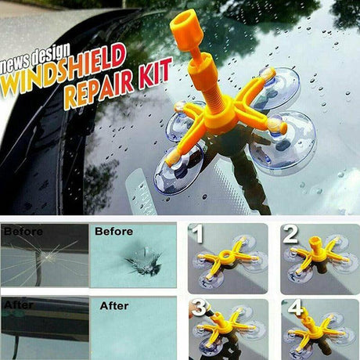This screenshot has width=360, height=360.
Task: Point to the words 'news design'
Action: (35, 59)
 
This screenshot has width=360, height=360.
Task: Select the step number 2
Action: (290, 234)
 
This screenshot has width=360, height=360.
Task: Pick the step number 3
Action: (199, 308)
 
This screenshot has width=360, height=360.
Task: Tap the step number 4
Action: (295, 307)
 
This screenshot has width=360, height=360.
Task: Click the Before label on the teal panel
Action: (113, 231)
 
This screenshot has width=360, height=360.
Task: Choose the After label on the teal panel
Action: (114, 306)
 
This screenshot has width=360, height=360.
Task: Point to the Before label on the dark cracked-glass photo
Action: (23, 232)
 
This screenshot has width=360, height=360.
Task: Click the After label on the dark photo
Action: (19, 304)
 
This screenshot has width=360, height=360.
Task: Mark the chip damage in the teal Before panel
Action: (143, 262)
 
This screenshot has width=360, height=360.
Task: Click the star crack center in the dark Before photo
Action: (47, 257)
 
